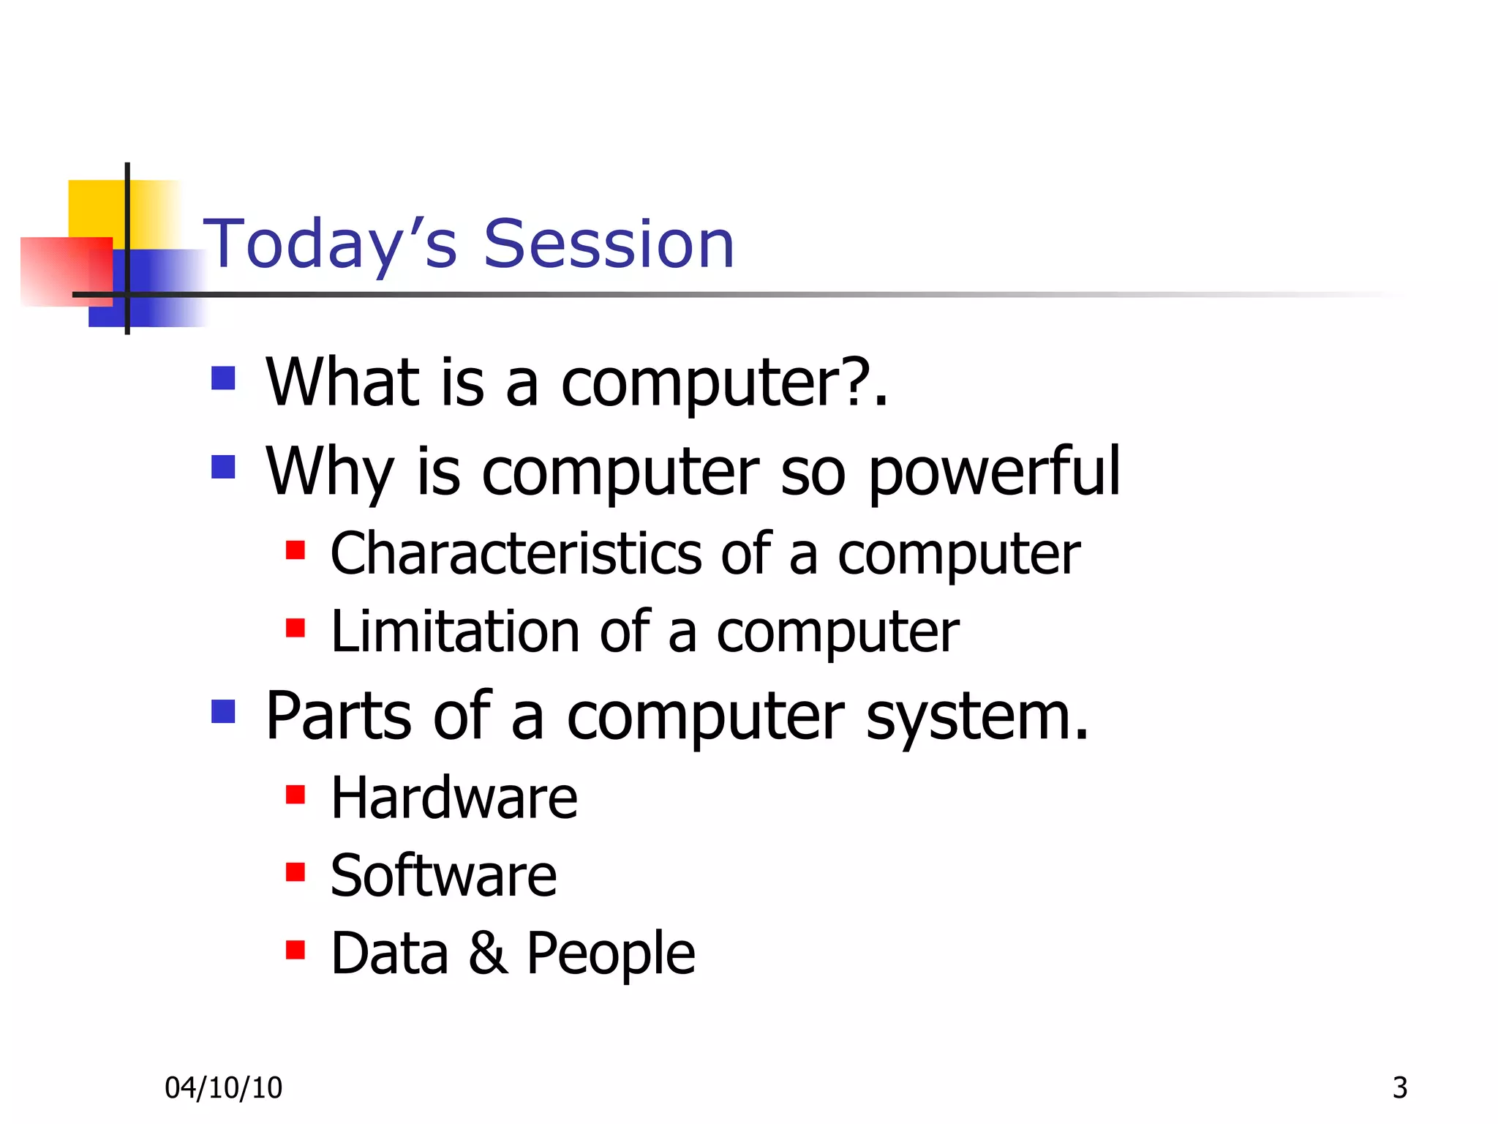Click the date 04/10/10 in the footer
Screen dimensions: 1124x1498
(223, 1088)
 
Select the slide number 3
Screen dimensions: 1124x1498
(1400, 1088)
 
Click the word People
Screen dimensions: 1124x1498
(611, 954)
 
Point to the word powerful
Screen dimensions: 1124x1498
(993, 472)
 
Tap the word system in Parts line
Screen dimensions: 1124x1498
(976, 717)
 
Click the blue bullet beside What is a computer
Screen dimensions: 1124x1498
(223, 378)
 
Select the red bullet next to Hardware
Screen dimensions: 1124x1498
(296, 794)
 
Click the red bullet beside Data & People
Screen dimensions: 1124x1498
(296, 949)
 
